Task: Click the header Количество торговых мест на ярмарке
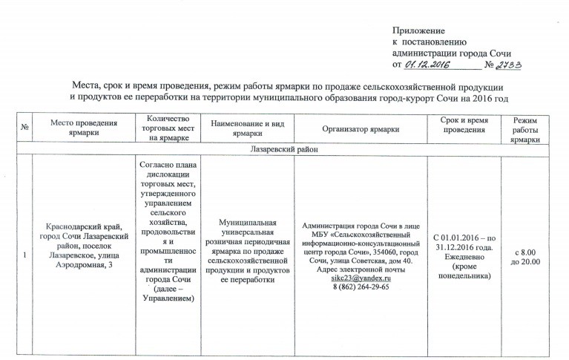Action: tap(170, 128)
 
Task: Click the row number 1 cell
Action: tap(24, 256)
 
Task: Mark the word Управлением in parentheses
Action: tap(170, 298)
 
